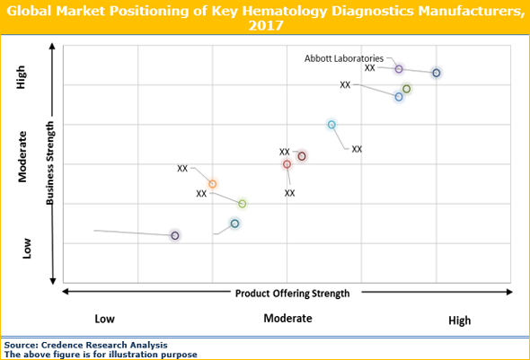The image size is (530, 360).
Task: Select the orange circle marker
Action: tap(212, 184)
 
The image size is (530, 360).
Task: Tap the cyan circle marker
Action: tap(331, 125)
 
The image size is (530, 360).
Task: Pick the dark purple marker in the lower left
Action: tap(175, 235)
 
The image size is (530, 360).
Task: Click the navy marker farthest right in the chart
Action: tap(437, 73)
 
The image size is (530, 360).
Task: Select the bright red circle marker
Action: tap(287, 164)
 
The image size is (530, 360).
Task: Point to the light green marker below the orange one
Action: tap(242, 204)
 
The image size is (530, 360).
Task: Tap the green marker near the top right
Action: tap(406, 89)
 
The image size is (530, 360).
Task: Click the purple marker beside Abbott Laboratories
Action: tap(399, 69)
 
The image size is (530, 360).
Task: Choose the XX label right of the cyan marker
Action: tap(357, 149)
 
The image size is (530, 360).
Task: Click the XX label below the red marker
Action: tap(290, 192)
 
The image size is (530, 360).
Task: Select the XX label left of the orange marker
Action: tap(182, 168)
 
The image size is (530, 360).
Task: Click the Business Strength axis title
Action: tap(50, 162)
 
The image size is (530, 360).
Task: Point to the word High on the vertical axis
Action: tap(22, 81)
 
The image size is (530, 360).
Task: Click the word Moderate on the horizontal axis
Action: tap(287, 318)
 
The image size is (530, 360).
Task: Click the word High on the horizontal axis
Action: tap(459, 320)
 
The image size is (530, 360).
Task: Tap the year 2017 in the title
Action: tap(264, 26)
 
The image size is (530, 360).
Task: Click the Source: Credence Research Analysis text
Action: tap(85, 345)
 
